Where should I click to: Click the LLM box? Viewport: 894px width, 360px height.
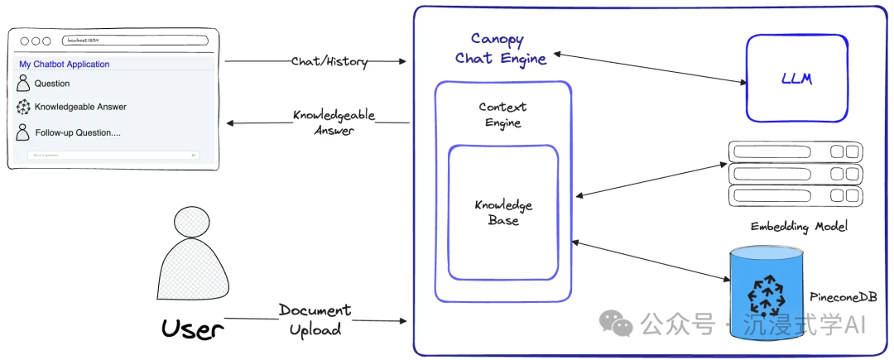tap(796, 78)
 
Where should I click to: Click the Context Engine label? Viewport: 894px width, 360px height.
tap(502, 115)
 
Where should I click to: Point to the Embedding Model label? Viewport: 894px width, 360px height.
tap(799, 226)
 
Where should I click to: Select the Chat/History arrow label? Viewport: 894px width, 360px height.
tap(329, 62)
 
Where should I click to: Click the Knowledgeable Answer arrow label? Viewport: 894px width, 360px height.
tap(334, 122)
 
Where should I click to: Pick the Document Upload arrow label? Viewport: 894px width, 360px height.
tap(315, 319)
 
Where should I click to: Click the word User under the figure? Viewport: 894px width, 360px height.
tap(192, 329)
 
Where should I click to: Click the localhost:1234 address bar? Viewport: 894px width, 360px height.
tap(135, 41)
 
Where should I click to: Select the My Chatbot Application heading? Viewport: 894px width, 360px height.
tap(65, 65)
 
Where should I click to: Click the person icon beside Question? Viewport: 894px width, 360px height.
tap(23, 84)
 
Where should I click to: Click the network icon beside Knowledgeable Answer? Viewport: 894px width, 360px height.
tap(23, 107)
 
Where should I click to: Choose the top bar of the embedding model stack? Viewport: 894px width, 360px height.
tap(795, 151)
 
